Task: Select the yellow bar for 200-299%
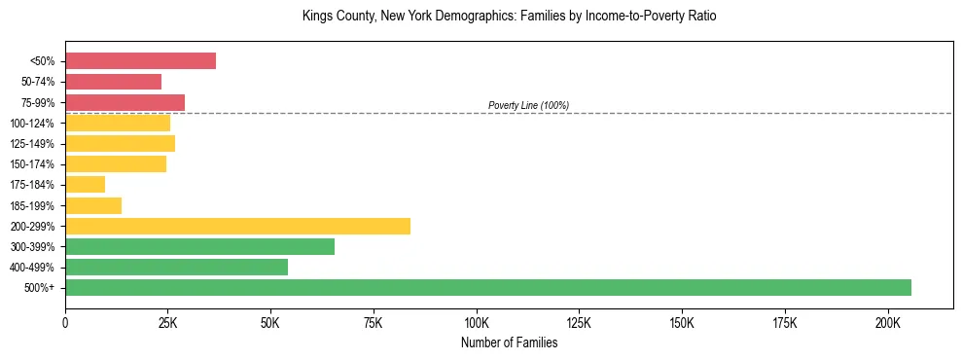[x=237, y=226]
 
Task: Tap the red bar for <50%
[x=140, y=61]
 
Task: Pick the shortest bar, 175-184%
[x=85, y=185]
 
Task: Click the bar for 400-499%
[x=176, y=267]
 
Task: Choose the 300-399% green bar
[x=199, y=246]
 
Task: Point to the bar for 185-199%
[x=93, y=205]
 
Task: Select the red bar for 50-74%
[x=113, y=82]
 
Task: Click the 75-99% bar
[x=125, y=102]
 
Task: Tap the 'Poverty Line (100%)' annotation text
[x=528, y=105]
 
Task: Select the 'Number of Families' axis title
[x=509, y=342]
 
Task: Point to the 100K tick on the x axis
[x=477, y=322]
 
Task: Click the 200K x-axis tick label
[x=888, y=322]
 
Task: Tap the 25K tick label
[x=167, y=322]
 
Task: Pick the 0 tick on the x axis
[x=65, y=322]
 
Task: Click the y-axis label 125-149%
[x=32, y=144]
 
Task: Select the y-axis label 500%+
[x=39, y=288]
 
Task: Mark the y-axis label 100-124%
[x=32, y=124]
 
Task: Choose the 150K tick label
[x=682, y=322]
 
